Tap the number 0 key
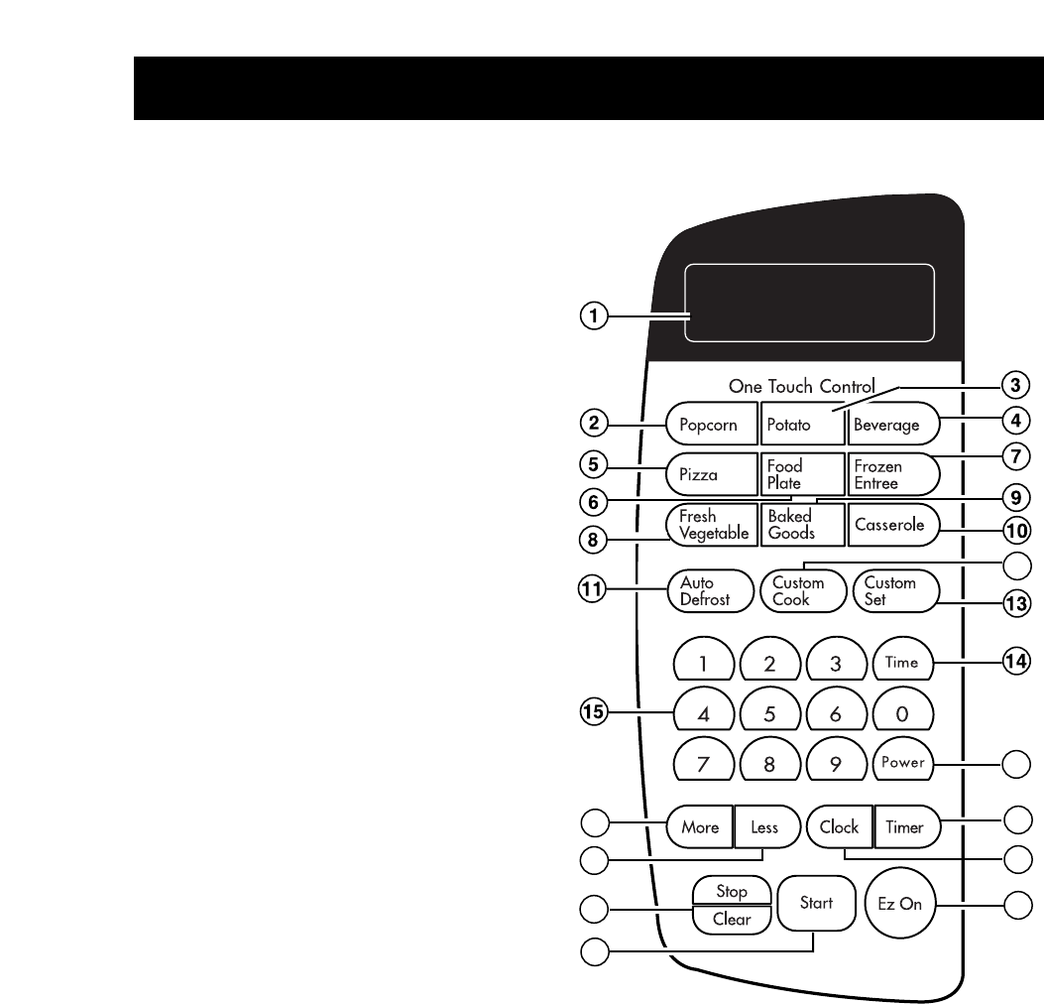point(902,711)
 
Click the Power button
point(902,764)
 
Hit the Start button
point(817,903)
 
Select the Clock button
point(839,826)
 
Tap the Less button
point(765,826)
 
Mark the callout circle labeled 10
point(1014,529)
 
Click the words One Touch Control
point(802,387)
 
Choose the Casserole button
point(891,526)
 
